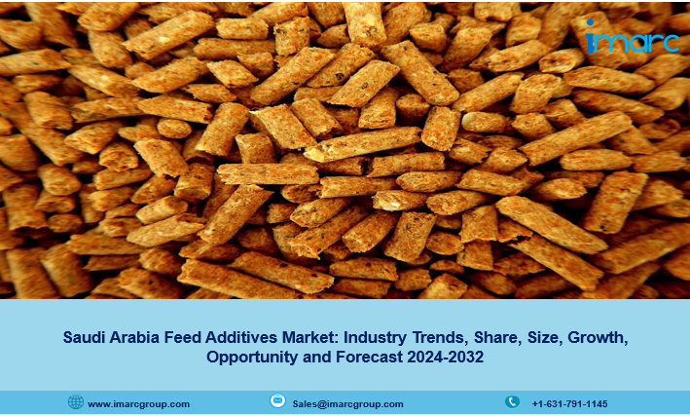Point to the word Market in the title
[310, 337]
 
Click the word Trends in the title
[440, 337]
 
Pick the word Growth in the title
[598, 337]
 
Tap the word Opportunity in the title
[253, 357]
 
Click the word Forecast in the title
[369, 356]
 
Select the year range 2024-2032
[446, 356]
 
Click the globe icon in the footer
[76, 402]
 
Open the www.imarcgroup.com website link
[138, 404]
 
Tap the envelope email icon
[277, 400]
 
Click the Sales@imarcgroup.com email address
[347, 404]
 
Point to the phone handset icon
[512, 402]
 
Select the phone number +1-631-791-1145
[569, 404]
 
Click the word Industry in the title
[375, 338]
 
